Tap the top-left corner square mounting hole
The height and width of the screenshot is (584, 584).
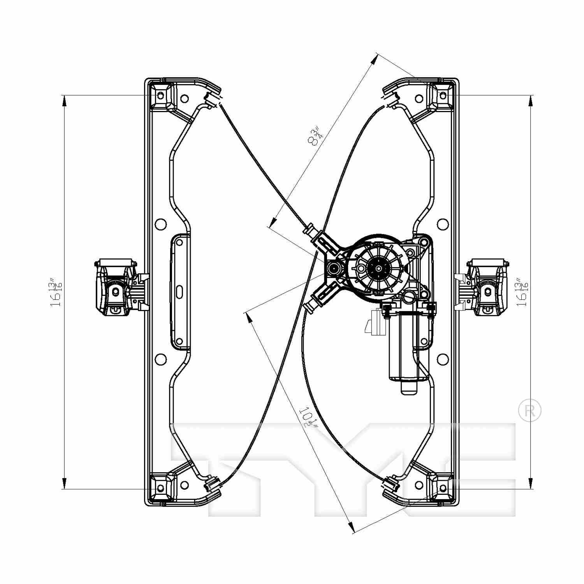tap(161, 95)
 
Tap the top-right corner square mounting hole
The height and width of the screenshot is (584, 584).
tap(443, 95)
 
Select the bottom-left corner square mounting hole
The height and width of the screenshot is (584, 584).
tap(161, 488)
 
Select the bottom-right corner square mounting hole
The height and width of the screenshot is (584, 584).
tap(443, 488)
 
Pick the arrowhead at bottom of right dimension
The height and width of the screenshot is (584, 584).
tap(530, 483)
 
